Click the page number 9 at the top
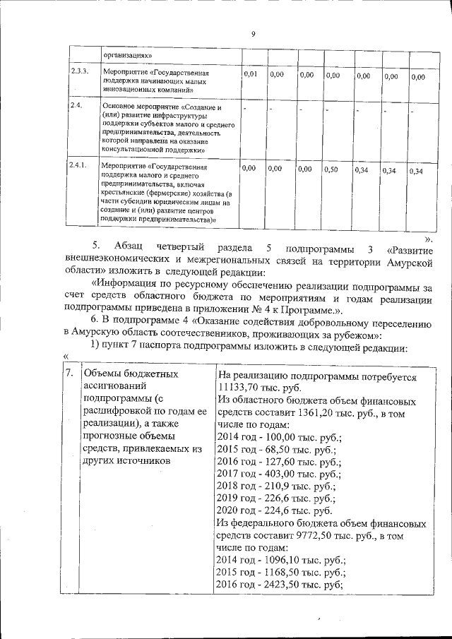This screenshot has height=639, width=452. coord(252,32)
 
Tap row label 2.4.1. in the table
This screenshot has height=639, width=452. coord(78,165)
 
